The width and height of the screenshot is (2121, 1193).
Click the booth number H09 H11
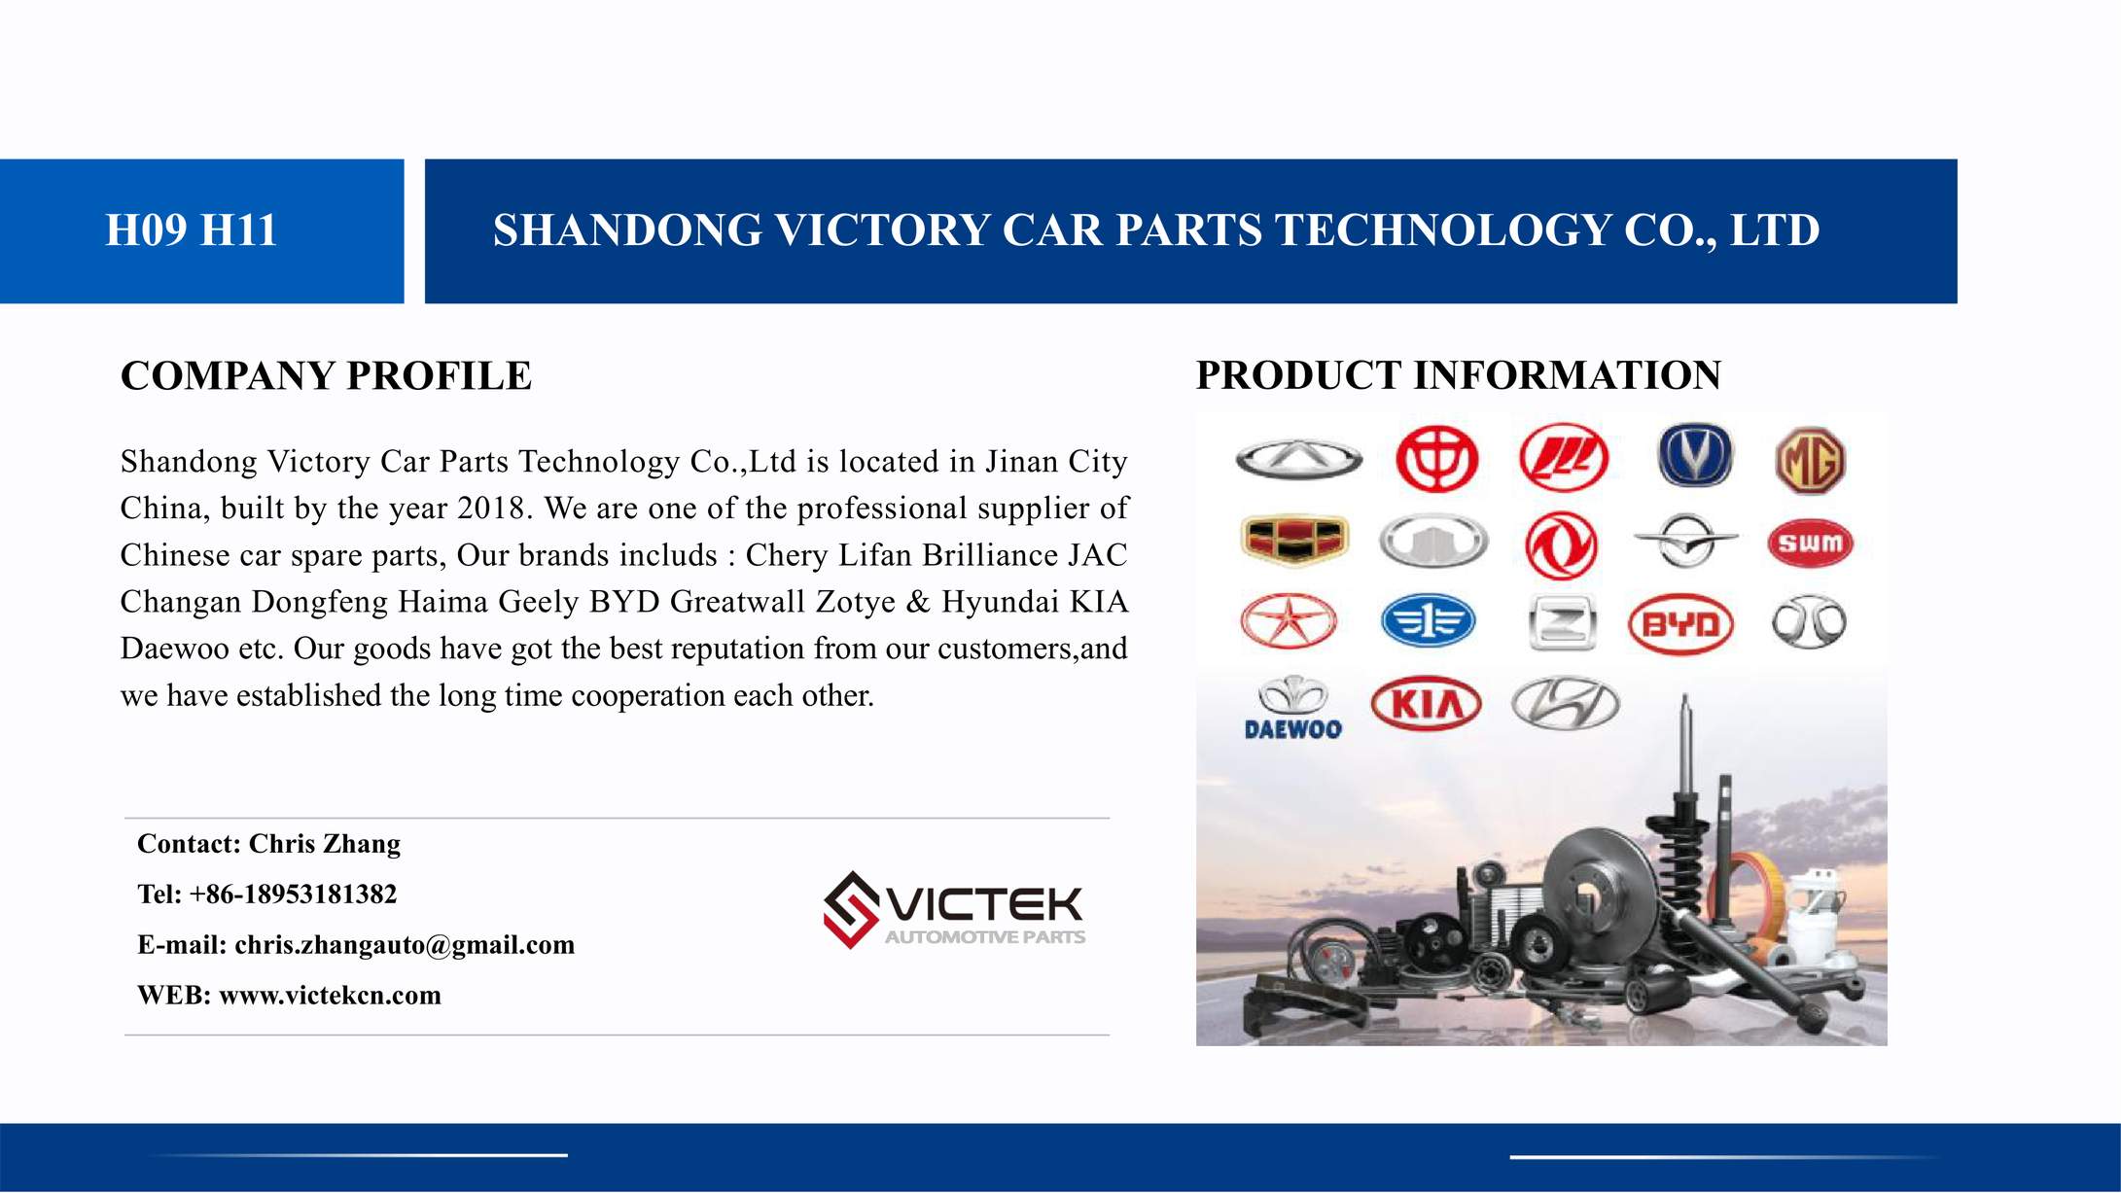click(192, 230)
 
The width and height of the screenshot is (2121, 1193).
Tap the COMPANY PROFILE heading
click(326, 376)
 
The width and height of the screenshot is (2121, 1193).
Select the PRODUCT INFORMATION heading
click(1458, 375)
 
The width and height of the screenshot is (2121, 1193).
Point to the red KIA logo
click(1426, 703)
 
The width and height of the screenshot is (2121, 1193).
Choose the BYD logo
click(1680, 624)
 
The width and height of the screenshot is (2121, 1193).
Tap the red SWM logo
click(1810, 543)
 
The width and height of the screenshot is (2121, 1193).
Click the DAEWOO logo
click(1292, 709)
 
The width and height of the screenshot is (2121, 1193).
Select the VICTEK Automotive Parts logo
click(954, 910)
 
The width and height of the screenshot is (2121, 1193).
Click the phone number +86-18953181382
click(293, 895)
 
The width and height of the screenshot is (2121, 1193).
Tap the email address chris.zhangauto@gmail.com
click(405, 945)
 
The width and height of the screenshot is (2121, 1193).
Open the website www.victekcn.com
click(330, 996)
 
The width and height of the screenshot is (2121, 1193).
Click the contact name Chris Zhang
click(324, 844)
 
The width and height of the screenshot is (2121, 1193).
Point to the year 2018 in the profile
click(491, 509)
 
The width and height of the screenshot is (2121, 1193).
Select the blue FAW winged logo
click(1428, 621)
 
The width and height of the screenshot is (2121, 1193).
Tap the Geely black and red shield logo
click(1293, 541)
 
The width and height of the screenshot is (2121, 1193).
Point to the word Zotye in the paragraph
click(855, 603)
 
